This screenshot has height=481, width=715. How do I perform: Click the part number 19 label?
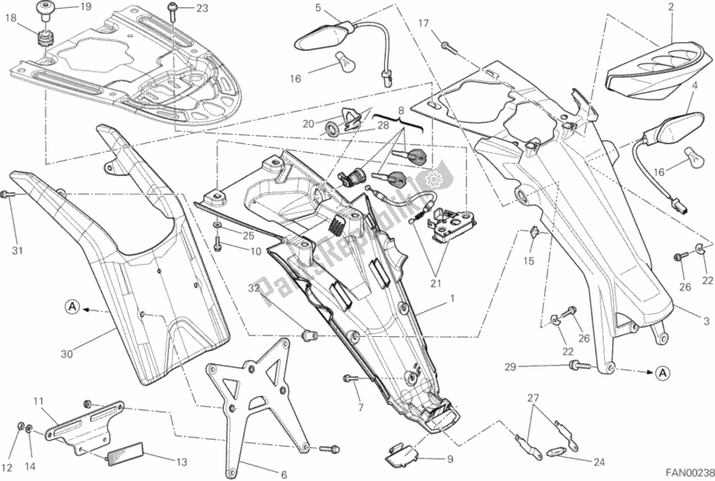click(85, 8)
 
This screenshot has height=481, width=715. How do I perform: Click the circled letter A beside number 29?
click(663, 370)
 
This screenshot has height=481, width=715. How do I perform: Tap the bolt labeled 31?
click(9, 194)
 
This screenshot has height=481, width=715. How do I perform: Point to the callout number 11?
click(38, 401)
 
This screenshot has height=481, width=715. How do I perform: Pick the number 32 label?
click(253, 288)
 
